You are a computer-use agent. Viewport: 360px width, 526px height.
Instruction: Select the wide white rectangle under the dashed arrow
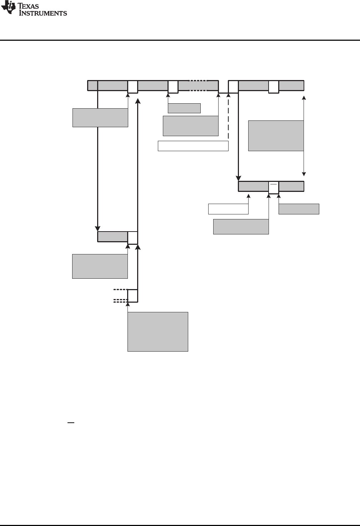pyautogui.click(x=193, y=146)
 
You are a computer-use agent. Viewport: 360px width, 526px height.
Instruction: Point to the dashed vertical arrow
pyautogui.click(x=228, y=118)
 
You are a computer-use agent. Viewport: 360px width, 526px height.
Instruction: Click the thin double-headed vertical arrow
pyautogui.click(x=304, y=136)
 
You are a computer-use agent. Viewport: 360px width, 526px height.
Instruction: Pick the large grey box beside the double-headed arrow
pyautogui.click(x=276, y=136)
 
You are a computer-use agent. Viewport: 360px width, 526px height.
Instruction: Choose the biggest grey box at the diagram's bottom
pyautogui.click(x=157, y=332)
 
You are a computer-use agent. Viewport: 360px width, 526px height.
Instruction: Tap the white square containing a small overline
pyautogui.click(x=274, y=187)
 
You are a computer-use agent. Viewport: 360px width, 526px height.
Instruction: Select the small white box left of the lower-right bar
pyautogui.click(x=228, y=209)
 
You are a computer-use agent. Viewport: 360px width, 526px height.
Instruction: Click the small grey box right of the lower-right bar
pyautogui.click(x=299, y=209)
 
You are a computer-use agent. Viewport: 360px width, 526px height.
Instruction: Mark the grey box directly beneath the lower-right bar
pyautogui.click(x=241, y=227)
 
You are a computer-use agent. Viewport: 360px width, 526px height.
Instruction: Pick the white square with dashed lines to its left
pyautogui.click(x=132, y=296)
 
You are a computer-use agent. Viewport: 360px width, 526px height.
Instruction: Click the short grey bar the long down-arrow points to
pyautogui.click(x=112, y=237)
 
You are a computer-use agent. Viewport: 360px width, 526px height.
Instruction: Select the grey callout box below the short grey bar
pyautogui.click(x=100, y=266)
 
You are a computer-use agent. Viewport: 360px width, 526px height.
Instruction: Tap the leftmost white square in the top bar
pyautogui.click(x=132, y=87)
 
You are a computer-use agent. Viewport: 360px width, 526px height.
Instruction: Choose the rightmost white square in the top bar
pyautogui.click(x=274, y=87)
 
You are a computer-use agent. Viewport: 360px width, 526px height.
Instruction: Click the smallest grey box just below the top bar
pyautogui.click(x=184, y=108)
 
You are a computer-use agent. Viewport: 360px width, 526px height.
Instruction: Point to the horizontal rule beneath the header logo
pyautogui.click(x=180, y=40)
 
